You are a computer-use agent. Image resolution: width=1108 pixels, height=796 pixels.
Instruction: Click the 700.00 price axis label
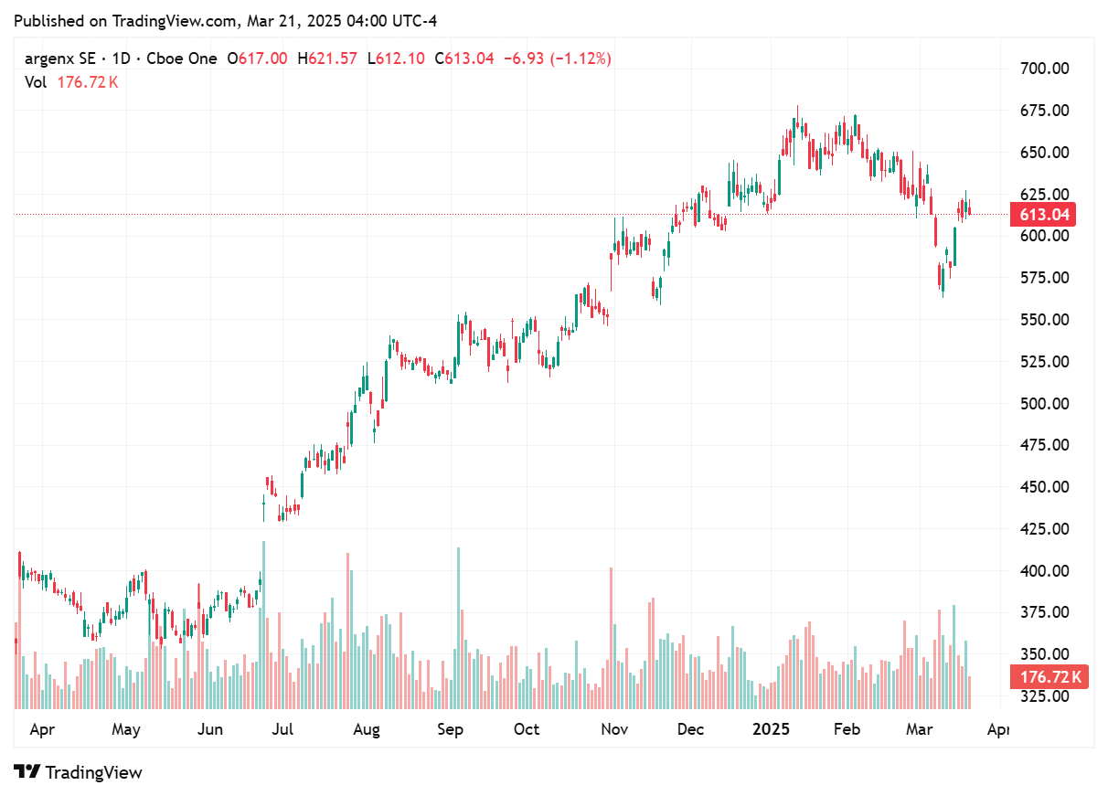[x=1044, y=69]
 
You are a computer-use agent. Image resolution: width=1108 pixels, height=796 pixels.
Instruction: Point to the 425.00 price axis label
[x=1044, y=528]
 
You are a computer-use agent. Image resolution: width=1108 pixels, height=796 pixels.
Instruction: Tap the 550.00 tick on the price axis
[x=1044, y=319]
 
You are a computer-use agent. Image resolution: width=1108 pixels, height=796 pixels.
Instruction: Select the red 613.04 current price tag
[x=1042, y=215]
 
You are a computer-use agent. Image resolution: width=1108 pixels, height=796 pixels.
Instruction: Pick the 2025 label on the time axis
[x=770, y=729]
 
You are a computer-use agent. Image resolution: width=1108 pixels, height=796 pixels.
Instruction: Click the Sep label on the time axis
[x=450, y=729]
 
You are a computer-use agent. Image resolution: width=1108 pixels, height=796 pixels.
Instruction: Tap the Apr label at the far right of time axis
[x=999, y=729]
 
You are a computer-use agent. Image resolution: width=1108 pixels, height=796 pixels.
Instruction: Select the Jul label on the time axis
[x=282, y=729]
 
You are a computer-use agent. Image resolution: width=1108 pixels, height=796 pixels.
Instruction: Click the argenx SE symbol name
[x=60, y=58]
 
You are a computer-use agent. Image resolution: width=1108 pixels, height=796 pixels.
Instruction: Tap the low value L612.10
[x=396, y=58]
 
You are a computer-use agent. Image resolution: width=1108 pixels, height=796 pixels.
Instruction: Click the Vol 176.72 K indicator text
[x=71, y=82]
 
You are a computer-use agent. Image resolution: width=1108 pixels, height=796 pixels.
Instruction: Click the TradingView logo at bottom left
[x=79, y=772]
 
